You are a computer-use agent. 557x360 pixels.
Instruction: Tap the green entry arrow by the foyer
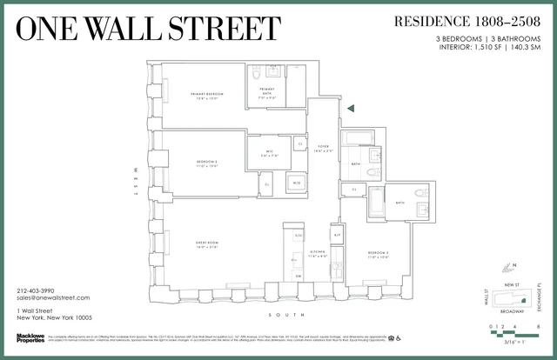(350, 108)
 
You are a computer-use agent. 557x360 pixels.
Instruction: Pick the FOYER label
(322, 146)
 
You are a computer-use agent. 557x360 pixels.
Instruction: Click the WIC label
(272, 154)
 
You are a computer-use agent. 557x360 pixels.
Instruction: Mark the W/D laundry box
(296, 183)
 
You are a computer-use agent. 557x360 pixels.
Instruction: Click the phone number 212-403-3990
(35, 290)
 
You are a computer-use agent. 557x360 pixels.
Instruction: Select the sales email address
(53, 298)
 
